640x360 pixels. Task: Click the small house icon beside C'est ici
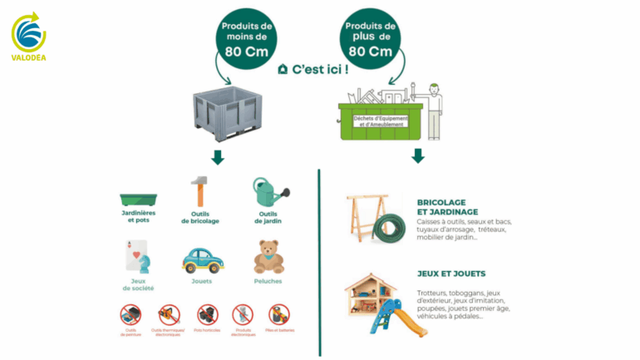(x=283, y=69)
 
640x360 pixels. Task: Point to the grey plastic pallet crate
(x=227, y=112)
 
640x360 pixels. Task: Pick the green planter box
(x=138, y=200)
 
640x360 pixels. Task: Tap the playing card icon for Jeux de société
(x=136, y=255)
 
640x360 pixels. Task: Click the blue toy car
(x=202, y=259)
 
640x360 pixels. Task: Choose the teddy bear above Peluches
(x=268, y=257)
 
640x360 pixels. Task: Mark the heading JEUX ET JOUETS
(x=451, y=273)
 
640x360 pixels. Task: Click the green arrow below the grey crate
(x=218, y=156)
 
